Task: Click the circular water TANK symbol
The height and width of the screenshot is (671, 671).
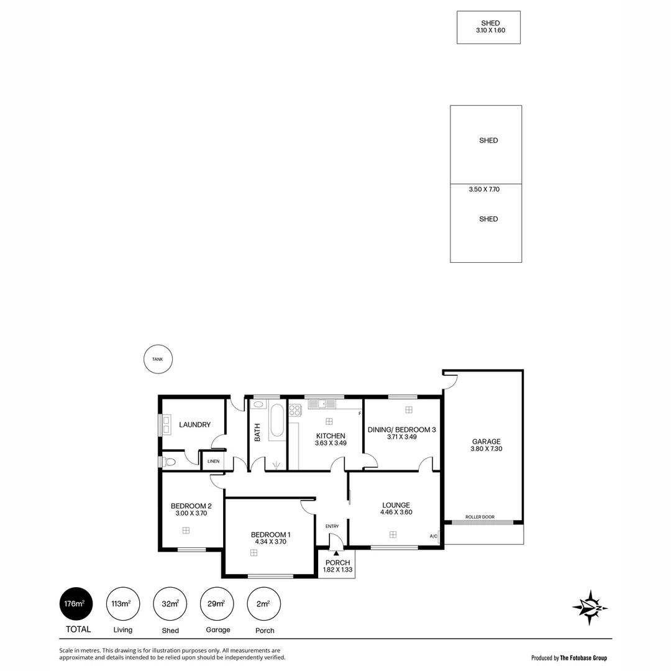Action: [x=158, y=359]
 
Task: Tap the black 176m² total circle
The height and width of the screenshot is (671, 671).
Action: [x=76, y=603]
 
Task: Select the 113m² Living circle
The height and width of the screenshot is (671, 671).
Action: [x=122, y=603]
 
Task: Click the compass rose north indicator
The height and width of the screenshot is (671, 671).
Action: [x=589, y=607]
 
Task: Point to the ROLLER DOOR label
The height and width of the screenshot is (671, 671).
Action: [x=480, y=516]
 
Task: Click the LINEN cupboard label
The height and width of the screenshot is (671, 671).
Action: [x=213, y=462]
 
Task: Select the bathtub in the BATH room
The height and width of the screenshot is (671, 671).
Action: [x=277, y=421]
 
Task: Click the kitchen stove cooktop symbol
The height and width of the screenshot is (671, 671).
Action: [x=294, y=409]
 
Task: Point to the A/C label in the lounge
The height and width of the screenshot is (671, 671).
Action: [x=433, y=536]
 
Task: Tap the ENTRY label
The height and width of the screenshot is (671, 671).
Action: [x=332, y=526]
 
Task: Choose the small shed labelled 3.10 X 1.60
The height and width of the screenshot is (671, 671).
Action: [x=488, y=27]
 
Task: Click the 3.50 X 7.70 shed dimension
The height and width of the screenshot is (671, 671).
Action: [x=484, y=189]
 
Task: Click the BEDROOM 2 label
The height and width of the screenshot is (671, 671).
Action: [x=191, y=506]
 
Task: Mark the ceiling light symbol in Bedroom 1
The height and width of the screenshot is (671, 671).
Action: [x=253, y=552]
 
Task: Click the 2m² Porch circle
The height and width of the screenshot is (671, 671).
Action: [x=263, y=603]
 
